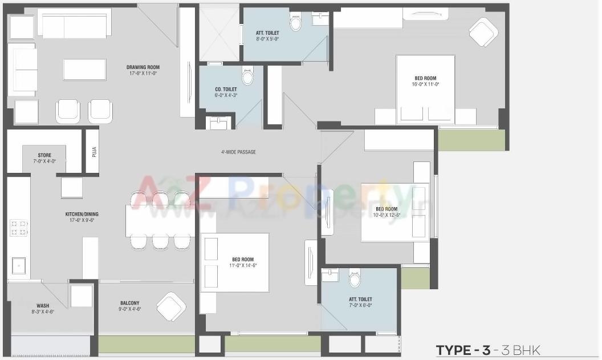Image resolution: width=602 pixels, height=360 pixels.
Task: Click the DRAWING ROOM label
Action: (143, 67)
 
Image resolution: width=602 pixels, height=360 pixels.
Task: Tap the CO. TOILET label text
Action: (226, 89)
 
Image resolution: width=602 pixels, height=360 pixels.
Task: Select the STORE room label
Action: (44, 155)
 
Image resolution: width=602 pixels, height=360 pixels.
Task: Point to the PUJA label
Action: (93, 152)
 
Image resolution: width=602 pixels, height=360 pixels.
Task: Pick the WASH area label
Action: (43, 305)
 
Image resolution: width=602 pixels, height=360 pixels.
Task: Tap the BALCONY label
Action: (130, 303)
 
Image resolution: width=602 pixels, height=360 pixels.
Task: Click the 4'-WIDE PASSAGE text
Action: (238, 152)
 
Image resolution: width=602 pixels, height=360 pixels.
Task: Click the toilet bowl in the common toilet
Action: (247, 77)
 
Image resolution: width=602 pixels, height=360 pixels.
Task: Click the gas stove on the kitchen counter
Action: (19, 228)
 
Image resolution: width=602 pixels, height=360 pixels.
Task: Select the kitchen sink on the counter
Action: (19, 265)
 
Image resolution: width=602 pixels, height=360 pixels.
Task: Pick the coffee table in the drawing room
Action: (84, 70)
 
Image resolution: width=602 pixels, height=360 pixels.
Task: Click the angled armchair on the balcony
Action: (171, 306)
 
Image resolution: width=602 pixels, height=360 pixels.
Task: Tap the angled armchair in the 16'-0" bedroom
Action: (483, 32)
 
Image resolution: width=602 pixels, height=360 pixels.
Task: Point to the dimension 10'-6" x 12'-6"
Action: (388, 215)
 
